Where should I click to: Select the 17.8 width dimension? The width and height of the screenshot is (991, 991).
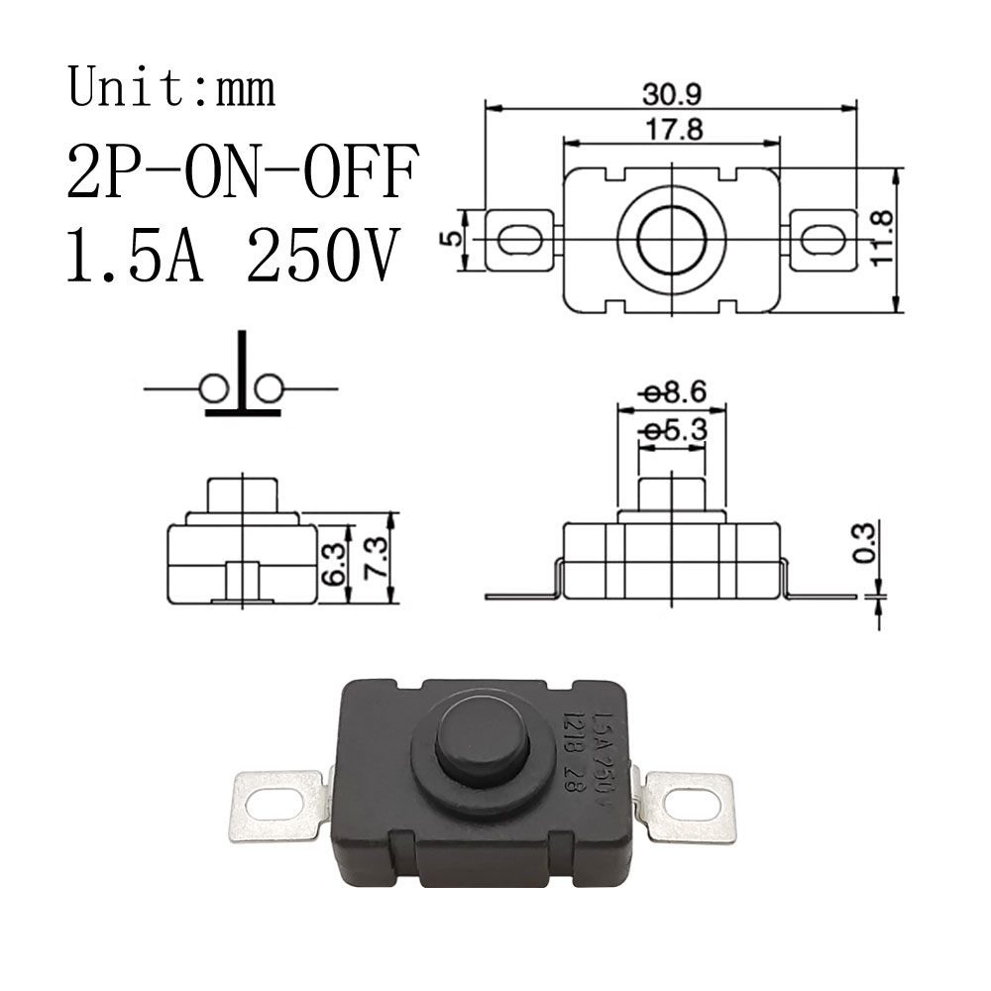pos(671,129)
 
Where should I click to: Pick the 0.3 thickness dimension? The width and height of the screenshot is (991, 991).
pos(865,543)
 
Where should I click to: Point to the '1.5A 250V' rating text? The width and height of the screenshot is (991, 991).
pos(232,256)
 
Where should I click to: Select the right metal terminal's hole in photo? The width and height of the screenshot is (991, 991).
pos(692,804)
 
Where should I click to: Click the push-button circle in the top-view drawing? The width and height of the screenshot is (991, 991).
pos(670,239)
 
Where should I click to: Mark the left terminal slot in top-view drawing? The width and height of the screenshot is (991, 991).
pos(518,239)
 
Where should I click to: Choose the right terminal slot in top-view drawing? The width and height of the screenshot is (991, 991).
pos(823,239)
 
